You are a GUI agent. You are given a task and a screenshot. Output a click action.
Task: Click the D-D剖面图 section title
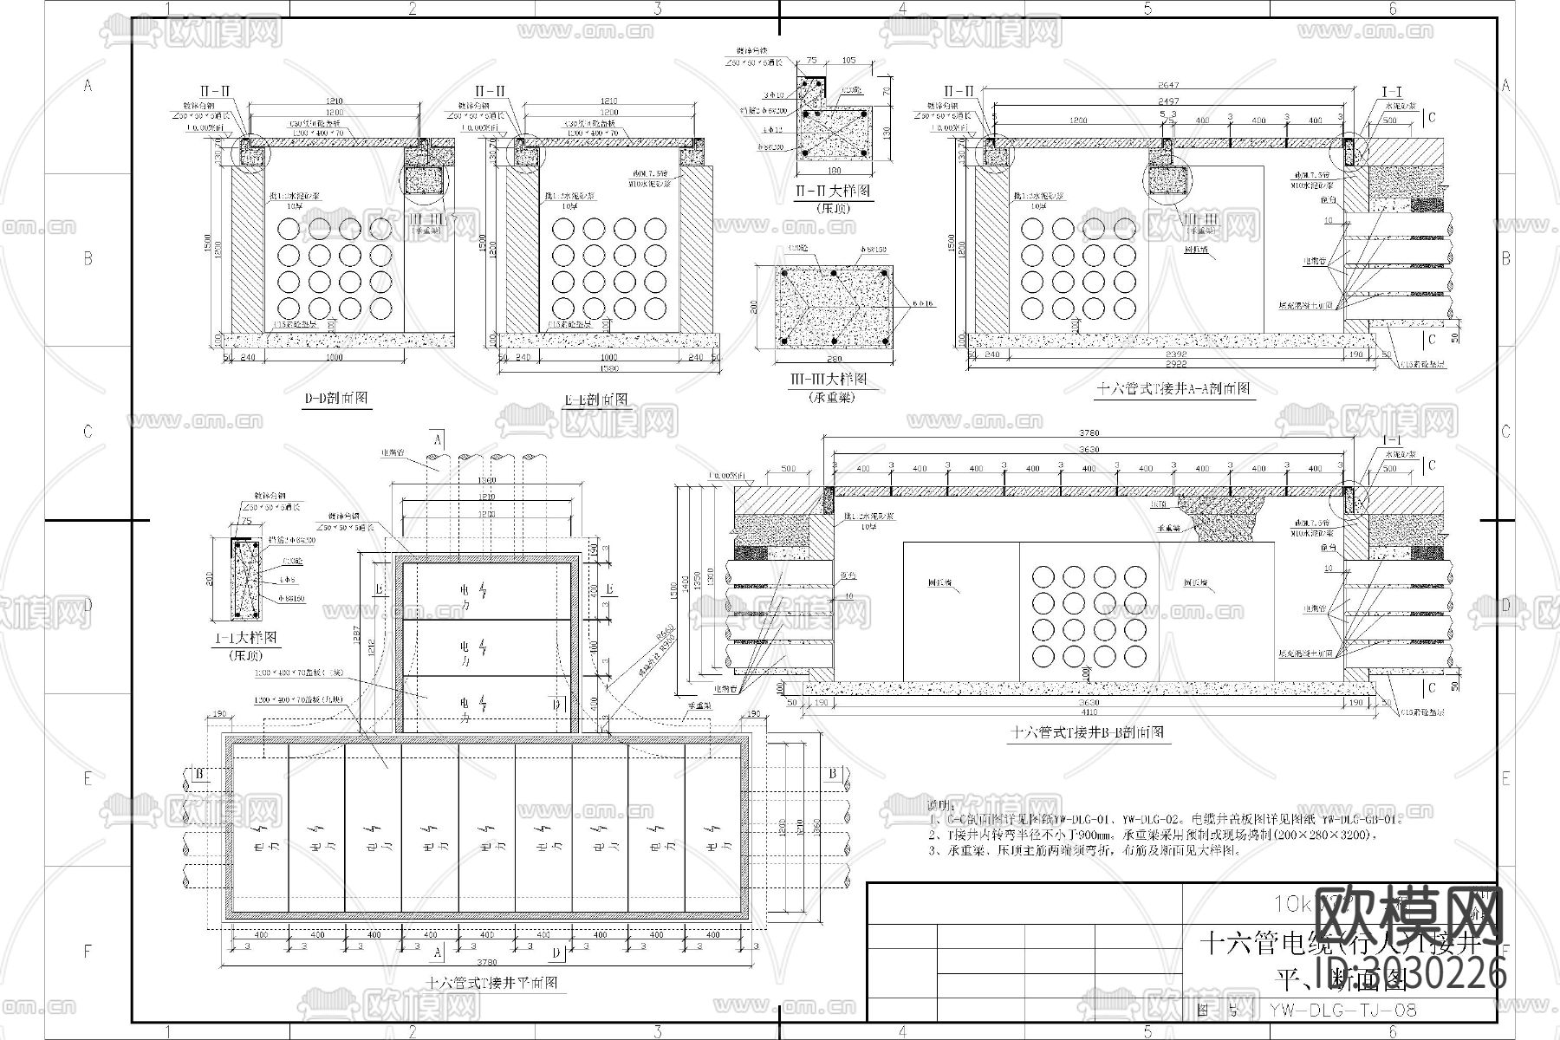[335, 399]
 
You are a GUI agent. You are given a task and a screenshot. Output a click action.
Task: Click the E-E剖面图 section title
[596, 400]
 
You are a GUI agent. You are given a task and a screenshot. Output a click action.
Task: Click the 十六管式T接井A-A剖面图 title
[1175, 389]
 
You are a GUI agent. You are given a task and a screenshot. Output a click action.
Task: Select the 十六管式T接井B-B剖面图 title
[1088, 732]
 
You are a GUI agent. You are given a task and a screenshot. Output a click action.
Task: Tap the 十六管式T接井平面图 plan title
[491, 983]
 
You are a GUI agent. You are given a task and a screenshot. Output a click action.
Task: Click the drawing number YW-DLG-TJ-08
[1342, 1010]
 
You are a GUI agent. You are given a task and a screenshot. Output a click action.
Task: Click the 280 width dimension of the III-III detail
[834, 358]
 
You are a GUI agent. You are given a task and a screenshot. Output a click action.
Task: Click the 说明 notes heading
[939, 803]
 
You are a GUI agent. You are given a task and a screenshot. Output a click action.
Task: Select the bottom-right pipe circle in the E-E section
[656, 308]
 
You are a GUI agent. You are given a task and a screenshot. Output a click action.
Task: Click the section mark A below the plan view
[438, 952]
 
